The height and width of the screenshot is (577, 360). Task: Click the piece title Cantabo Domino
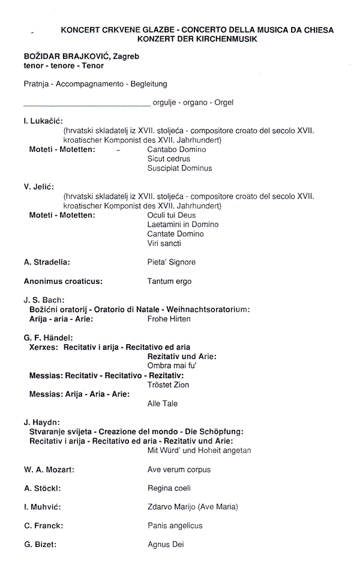coord(176,150)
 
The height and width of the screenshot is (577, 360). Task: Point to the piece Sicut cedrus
coord(169,159)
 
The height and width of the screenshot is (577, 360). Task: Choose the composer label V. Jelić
coord(39,187)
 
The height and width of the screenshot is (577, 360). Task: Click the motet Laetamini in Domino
coord(182,225)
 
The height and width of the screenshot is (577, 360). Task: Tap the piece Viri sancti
coord(164,244)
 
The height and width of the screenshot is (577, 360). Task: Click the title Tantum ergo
coord(169,281)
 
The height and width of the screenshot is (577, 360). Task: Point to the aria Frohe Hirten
coord(169,319)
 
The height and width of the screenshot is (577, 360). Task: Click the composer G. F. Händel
coord(48,337)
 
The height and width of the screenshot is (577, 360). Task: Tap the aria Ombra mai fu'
coord(172,366)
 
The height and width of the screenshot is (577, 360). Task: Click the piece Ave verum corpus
coord(179,470)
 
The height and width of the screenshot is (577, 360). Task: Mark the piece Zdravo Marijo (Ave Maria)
coord(193,507)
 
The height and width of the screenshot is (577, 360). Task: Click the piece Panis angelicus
coord(175,525)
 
